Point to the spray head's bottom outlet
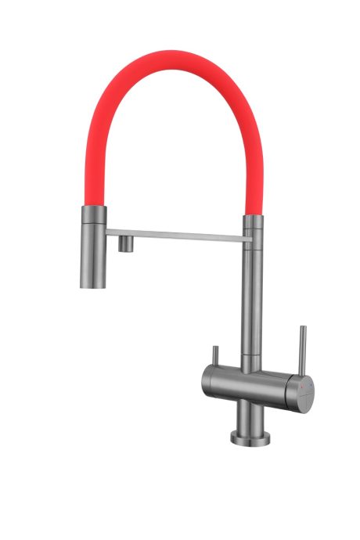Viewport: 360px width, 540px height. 91,285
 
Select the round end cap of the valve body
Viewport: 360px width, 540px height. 305,388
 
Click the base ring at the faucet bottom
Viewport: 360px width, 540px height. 249,436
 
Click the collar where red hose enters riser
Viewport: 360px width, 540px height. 252,222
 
